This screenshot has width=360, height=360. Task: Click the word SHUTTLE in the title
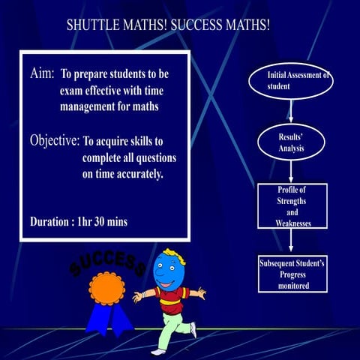[x=91, y=25]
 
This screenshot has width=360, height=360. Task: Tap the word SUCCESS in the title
[x=196, y=25]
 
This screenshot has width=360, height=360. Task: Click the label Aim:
[x=42, y=76]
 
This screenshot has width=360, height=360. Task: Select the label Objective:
[x=54, y=140]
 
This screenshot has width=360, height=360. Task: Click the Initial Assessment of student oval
[x=291, y=82]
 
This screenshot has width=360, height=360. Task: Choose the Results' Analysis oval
[x=290, y=143]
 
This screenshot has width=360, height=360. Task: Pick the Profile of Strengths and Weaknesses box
[x=292, y=206]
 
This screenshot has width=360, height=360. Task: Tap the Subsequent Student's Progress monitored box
[x=291, y=274]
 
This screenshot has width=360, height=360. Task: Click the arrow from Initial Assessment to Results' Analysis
[x=290, y=111]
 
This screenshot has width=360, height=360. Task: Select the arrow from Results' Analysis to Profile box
[x=290, y=172]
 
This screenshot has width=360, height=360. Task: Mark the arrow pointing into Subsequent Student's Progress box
[x=291, y=240]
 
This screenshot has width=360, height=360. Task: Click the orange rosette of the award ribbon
[x=103, y=287]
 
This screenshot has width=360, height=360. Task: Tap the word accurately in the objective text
[x=136, y=174]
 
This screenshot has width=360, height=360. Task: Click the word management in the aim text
[x=93, y=106]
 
